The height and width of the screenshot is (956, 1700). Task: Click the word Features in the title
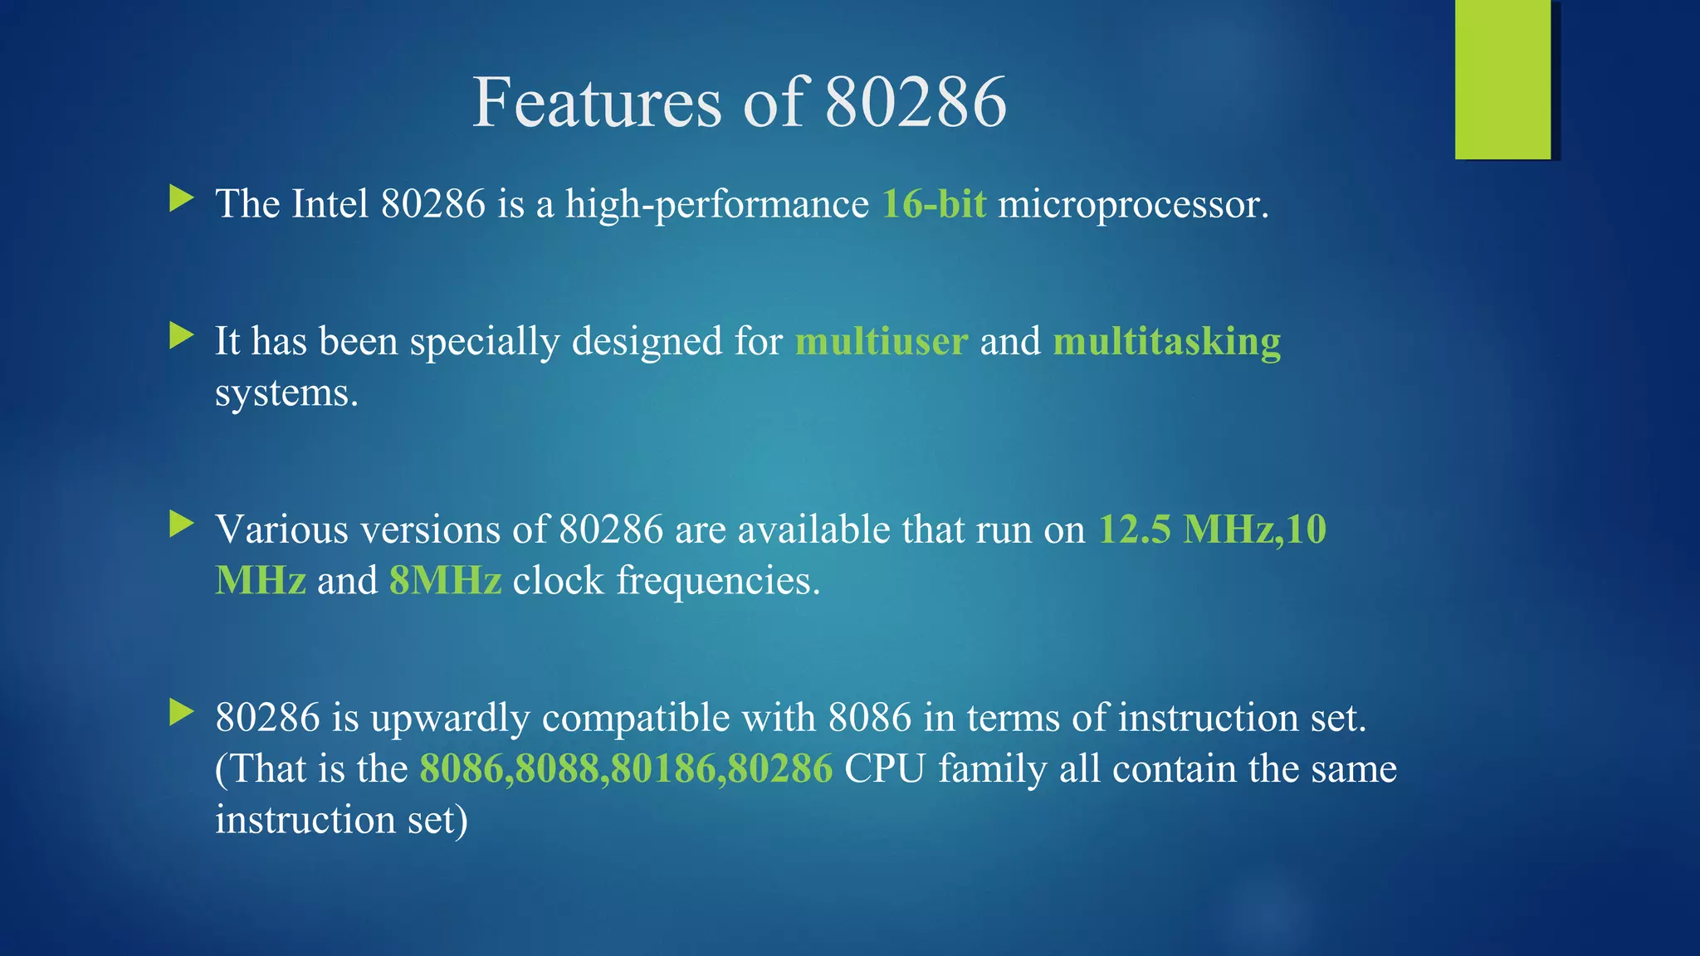click(596, 103)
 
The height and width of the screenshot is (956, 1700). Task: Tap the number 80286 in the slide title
click(916, 103)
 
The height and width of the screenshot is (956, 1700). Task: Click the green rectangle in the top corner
click(1502, 80)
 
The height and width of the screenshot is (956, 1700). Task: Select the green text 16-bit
click(934, 204)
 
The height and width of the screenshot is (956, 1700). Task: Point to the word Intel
click(330, 204)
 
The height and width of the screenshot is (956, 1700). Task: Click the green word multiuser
click(882, 342)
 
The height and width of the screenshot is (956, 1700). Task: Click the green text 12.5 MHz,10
click(1212, 529)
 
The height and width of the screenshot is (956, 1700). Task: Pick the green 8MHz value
click(446, 581)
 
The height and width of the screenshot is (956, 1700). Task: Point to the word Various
click(281, 529)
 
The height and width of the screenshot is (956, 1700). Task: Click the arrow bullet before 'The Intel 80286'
click(181, 198)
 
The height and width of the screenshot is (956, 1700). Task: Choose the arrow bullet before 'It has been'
click(181, 336)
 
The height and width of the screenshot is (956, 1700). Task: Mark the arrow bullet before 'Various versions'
click(181, 524)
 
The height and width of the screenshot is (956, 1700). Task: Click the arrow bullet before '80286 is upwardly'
click(181, 712)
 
